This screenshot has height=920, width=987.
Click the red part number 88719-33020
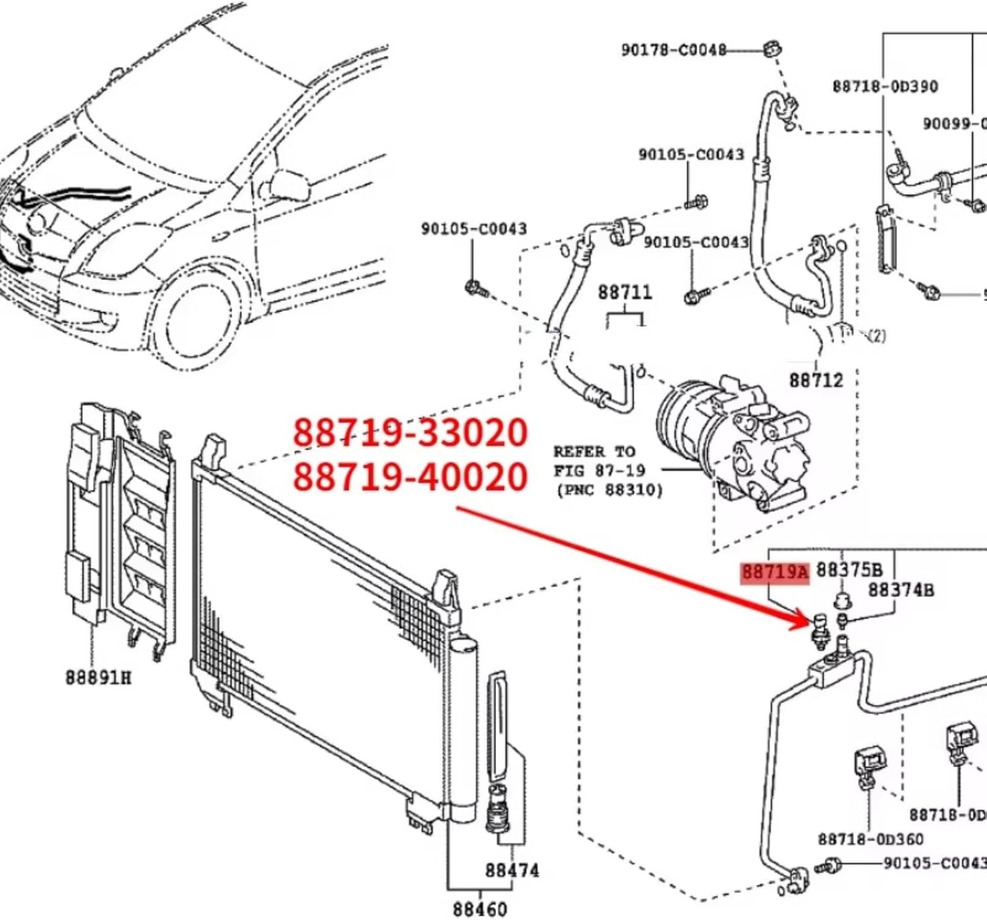tap(409, 433)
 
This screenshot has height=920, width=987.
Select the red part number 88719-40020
tap(409, 477)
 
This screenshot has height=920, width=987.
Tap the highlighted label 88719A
tap(774, 572)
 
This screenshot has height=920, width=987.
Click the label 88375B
tap(849, 570)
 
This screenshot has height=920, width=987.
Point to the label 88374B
tap(900, 590)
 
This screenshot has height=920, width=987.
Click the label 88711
tap(624, 292)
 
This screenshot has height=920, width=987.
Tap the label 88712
tap(816, 380)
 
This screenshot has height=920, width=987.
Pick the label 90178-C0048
tap(673, 50)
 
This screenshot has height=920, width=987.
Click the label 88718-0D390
tap(885, 87)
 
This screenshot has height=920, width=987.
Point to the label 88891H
tap(98, 677)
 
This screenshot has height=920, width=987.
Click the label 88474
tap(511, 871)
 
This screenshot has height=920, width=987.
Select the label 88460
tap(480, 909)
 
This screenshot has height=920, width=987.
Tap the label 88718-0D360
tap(870, 840)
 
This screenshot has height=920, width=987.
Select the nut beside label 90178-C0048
tap(772, 49)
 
